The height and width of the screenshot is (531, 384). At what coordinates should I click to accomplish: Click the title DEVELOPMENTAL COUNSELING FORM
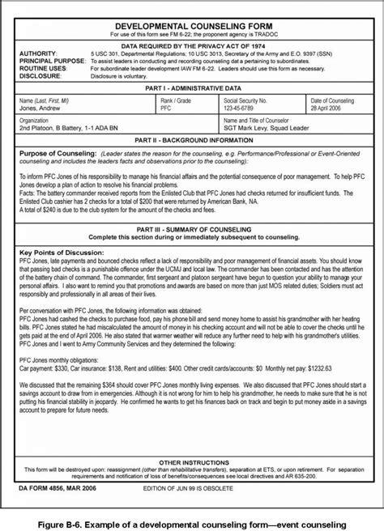click(x=192, y=28)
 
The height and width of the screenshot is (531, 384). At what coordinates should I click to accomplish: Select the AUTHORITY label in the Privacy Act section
click(x=37, y=53)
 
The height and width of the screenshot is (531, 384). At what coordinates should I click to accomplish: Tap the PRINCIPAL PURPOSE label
click(x=50, y=60)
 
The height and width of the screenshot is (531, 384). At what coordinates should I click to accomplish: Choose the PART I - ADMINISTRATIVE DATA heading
click(x=192, y=87)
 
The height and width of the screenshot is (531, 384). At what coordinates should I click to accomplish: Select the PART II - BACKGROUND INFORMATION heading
click(x=192, y=140)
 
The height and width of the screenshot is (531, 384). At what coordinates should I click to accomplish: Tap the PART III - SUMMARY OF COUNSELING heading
click(x=192, y=229)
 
